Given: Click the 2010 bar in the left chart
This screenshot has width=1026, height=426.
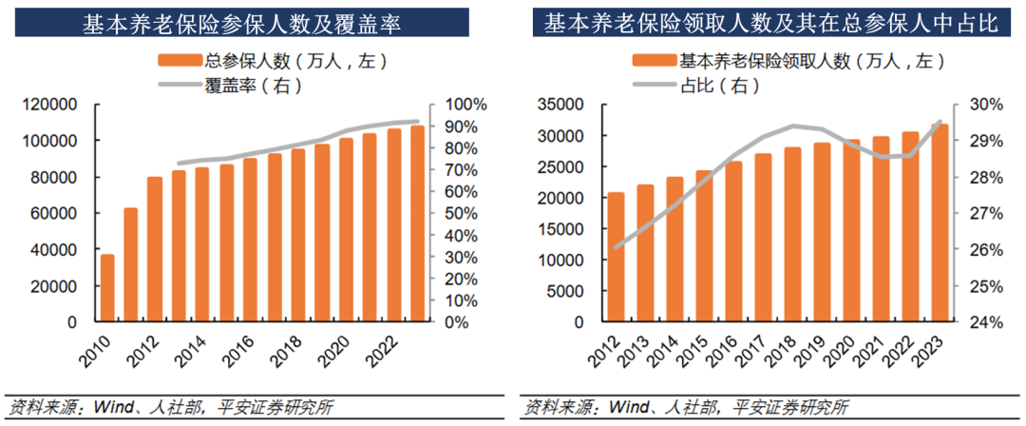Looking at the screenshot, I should [107, 288].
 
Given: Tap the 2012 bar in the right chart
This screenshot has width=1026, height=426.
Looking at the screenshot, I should [617, 257].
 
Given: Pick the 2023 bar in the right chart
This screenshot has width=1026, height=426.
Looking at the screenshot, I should [940, 223].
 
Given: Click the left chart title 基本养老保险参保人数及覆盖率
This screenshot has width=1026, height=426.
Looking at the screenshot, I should [237, 24].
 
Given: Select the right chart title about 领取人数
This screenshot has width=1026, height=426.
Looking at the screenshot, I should [771, 24].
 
